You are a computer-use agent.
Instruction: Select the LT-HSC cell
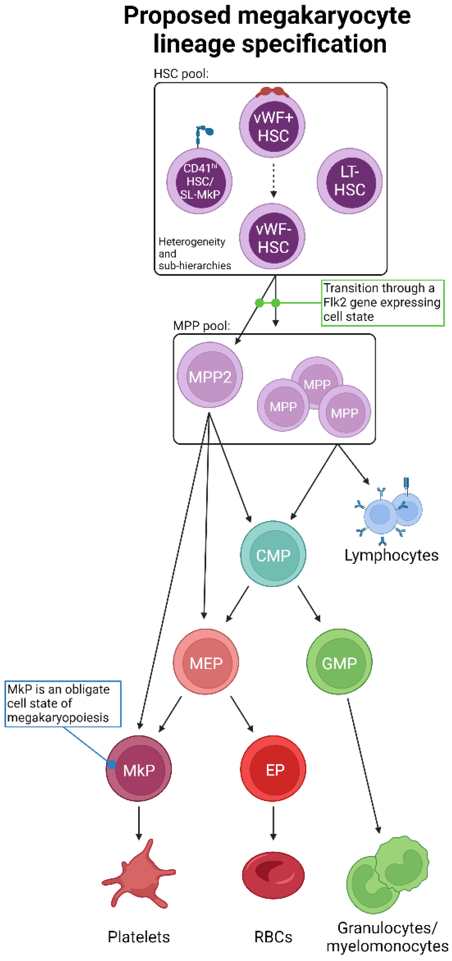[350, 181]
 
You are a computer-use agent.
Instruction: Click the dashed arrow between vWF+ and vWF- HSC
[274, 179]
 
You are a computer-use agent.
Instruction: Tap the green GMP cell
[340, 662]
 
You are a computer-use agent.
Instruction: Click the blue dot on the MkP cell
[111, 764]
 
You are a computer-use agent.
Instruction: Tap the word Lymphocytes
[391, 555]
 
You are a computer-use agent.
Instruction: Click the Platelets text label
[138, 936]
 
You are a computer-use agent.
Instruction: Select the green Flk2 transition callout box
[382, 303]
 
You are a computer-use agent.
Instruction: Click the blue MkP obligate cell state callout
[63, 703]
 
